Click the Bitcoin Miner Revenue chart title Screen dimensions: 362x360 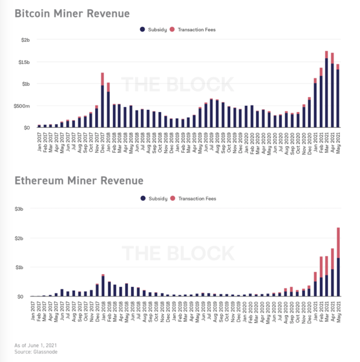[x=72, y=14]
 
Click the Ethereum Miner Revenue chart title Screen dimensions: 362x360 [x=79, y=181]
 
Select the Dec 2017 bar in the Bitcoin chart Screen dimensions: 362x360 [x=102, y=101]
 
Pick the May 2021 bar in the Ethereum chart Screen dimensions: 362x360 [x=338, y=263]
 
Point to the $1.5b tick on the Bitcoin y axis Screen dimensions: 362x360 [x=24, y=62]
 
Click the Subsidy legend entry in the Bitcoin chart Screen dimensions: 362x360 [x=154, y=30]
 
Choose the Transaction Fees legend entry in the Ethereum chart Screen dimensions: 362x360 [x=193, y=199]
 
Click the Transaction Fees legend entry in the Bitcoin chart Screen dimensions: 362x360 [x=193, y=30]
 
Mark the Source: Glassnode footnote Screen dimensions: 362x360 [x=36, y=352]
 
